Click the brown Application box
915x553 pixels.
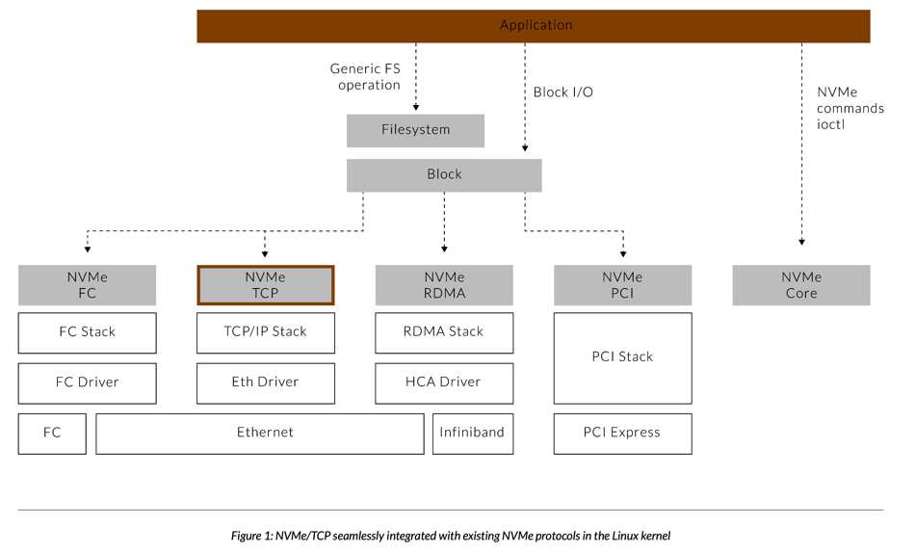click(534, 26)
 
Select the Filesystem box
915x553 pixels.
click(415, 130)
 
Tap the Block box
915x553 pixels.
click(444, 175)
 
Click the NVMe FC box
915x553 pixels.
click(87, 285)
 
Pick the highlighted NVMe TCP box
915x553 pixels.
click(266, 285)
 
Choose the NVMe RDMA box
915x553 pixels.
click(444, 285)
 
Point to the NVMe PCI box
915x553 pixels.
click(622, 285)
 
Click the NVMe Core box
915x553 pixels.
click(801, 285)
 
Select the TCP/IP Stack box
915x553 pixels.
click(266, 332)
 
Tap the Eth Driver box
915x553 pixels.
click(266, 383)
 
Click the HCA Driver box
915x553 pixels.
click(444, 383)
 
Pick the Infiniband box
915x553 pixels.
click(473, 434)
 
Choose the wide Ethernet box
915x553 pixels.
click(260, 434)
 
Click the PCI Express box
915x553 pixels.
click(622, 434)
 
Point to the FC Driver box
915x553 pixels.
click(87, 383)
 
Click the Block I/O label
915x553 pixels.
click(563, 92)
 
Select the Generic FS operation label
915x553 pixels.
click(365, 76)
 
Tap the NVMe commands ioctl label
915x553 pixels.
click(850, 108)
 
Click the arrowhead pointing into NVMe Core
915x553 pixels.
click(801, 242)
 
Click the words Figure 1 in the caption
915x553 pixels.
click(251, 536)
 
